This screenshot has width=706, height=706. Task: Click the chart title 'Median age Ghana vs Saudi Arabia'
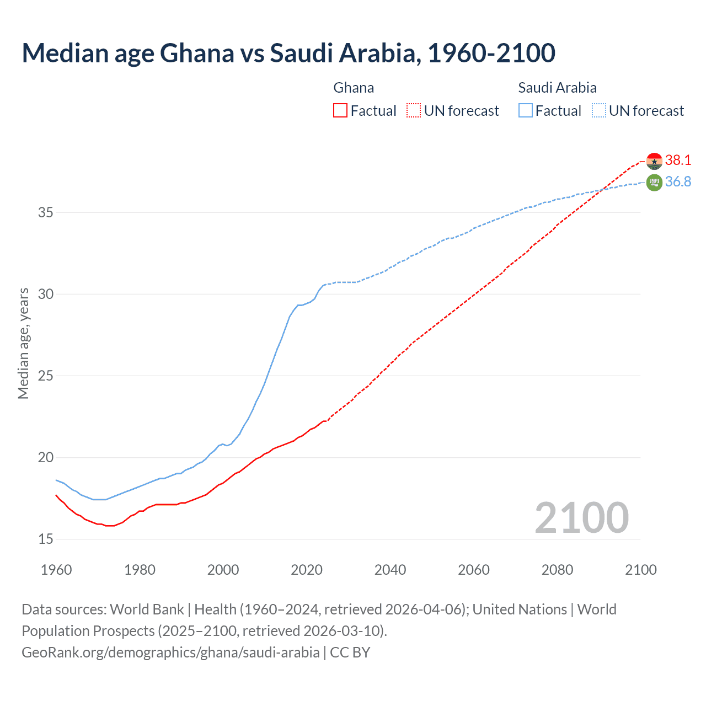pyautogui.click(x=288, y=53)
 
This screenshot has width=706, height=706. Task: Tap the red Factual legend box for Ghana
pyautogui.click(x=340, y=111)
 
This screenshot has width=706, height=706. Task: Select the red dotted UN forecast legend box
pyautogui.click(x=414, y=111)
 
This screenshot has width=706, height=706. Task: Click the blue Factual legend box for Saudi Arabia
pyautogui.click(x=526, y=111)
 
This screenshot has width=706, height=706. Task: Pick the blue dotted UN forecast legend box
pyautogui.click(x=598, y=111)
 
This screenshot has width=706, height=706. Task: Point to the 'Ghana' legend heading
pyautogui.click(x=354, y=88)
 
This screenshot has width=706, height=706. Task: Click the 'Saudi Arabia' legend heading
pyautogui.click(x=557, y=88)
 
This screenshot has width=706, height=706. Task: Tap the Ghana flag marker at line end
pyautogui.click(x=654, y=161)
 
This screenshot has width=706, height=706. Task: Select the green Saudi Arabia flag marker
pyautogui.click(x=654, y=182)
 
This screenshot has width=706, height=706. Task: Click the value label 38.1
pyautogui.click(x=678, y=160)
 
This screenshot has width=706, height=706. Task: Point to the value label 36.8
pyautogui.click(x=678, y=181)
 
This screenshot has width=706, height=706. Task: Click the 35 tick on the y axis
pyautogui.click(x=46, y=212)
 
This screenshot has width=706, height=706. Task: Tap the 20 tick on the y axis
pyautogui.click(x=46, y=457)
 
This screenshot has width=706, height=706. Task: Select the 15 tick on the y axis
pyautogui.click(x=46, y=539)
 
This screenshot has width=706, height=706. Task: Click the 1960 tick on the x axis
pyautogui.click(x=56, y=570)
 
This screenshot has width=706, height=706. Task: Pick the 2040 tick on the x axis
pyautogui.click(x=390, y=570)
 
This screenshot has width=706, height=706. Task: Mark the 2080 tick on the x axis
pyautogui.click(x=557, y=570)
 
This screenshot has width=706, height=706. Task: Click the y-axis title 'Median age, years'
pyautogui.click(x=23, y=343)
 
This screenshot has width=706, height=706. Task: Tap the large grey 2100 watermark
pyautogui.click(x=581, y=517)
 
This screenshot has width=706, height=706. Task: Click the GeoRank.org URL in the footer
pyautogui.click(x=170, y=652)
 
